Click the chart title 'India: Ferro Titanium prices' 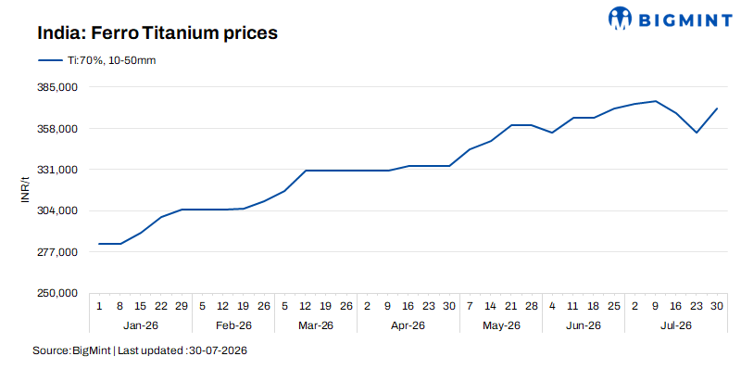(x=157, y=33)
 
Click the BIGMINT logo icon (x=620, y=18)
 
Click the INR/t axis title (x=26, y=190)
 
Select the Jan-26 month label (x=141, y=326)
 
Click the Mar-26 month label (x=316, y=326)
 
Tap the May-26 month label (x=501, y=326)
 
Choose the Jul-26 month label (x=676, y=326)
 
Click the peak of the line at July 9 (x=656, y=101)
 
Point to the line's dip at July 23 (x=697, y=133)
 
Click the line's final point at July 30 (x=717, y=108)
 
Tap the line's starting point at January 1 (x=99, y=244)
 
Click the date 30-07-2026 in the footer (x=218, y=351)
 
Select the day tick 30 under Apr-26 (x=449, y=306)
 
